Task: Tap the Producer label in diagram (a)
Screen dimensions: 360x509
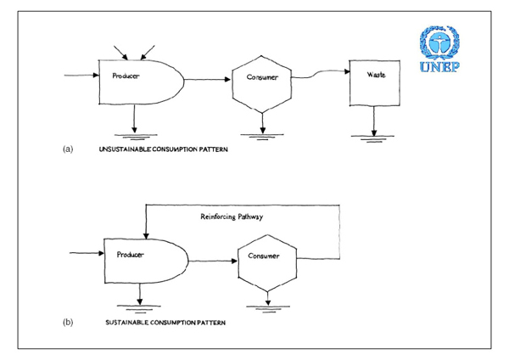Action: click(125, 76)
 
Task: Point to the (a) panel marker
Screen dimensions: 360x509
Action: click(68, 149)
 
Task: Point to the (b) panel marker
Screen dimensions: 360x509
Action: click(68, 322)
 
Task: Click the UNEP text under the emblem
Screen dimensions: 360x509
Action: click(440, 67)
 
